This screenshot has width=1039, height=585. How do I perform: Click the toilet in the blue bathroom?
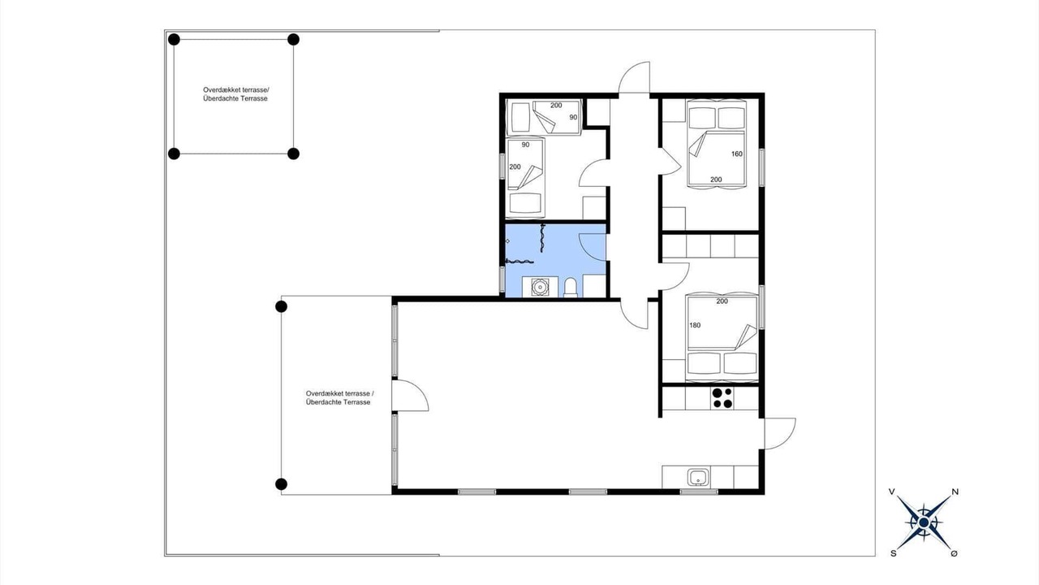(570, 287)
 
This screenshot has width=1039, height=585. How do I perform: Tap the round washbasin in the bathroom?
(540, 287)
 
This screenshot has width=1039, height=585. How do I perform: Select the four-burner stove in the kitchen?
(722, 398)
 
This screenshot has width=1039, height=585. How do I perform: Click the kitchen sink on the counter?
(697, 478)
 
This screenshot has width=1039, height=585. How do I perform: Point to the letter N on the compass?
(955, 492)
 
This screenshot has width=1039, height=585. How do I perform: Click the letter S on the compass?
(894, 553)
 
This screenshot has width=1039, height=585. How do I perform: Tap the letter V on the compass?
(891, 492)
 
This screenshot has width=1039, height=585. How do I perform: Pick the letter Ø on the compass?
(954, 553)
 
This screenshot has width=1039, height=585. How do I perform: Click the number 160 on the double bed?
(737, 154)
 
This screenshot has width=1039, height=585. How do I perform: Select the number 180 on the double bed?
(695, 326)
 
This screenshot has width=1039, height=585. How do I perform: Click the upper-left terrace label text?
(235, 94)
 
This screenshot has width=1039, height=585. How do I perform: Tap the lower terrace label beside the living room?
(339, 398)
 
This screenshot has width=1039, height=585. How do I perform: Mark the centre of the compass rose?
(924, 522)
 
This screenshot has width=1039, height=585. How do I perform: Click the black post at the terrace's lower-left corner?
(281, 484)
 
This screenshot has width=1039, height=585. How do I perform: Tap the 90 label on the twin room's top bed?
(574, 118)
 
